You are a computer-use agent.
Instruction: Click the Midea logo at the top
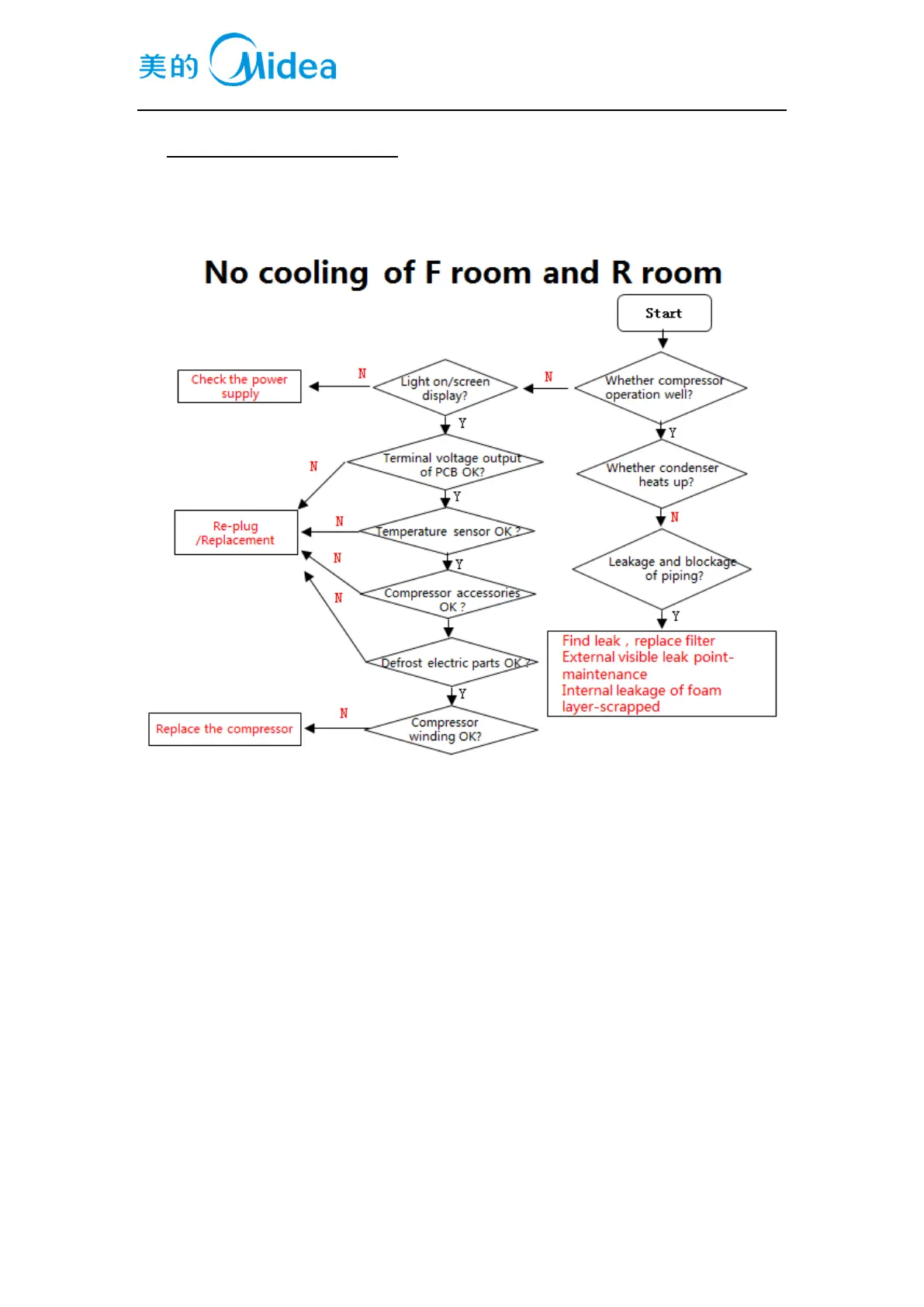pos(237,61)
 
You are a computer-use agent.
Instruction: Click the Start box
pos(664,314)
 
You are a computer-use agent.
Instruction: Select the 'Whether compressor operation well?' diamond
pos(660,387)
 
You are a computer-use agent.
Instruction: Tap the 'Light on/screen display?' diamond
pos(445,387)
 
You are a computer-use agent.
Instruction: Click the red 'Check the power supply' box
pos(239,387)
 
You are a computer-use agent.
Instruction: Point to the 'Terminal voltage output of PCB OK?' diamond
pos(445,463)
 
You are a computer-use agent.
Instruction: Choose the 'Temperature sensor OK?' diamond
pos(448,532)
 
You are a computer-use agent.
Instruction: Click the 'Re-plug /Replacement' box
pos(236,532)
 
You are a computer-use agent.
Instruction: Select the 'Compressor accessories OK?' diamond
pos(449,598)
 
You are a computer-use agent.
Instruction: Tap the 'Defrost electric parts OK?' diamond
pos(452,663)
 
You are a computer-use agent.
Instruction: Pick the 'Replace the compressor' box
pos(224,730)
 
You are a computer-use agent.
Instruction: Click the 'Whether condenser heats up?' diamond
pos(662,474)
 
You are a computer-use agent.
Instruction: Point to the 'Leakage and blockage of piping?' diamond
pos(662,569)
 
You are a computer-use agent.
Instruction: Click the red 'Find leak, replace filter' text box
pos(661,674)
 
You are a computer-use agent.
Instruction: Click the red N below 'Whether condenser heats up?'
pos(675,517)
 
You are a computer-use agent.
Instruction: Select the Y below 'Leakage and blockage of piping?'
pos(676,616)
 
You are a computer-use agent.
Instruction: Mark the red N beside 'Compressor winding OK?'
pos(344,713)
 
